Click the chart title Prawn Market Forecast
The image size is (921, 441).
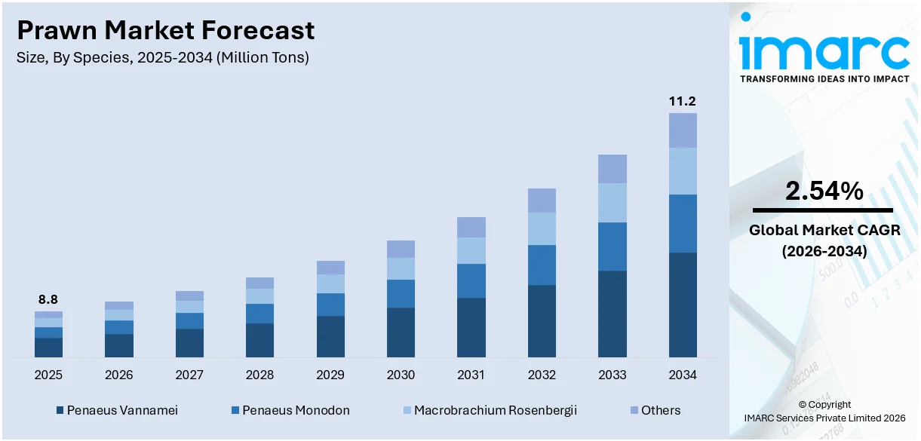(x=166, y=30)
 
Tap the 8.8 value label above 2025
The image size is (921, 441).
(x=48, y=299)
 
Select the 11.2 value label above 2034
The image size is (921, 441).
(x=683, y=101)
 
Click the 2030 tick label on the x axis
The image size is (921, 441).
(x=401, y=375)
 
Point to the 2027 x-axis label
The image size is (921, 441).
(x=189, y=375)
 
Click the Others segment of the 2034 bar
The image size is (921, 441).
(x=683, y=130)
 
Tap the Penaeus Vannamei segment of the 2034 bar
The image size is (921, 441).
(x=683, y=305)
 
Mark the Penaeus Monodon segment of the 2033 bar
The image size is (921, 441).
(x=612, y=247)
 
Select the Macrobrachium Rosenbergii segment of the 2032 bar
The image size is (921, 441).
(x=542, y=228)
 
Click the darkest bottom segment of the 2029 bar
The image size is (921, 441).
(x=330, y=336)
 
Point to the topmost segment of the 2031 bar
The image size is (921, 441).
(x=471, y=227)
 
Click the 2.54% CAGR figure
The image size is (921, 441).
(x=824, y=191)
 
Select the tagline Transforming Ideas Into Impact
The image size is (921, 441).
(x=824, y=78)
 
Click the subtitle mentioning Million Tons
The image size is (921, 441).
(x=162, y=57)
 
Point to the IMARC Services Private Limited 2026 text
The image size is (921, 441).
(x=824, y=418)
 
